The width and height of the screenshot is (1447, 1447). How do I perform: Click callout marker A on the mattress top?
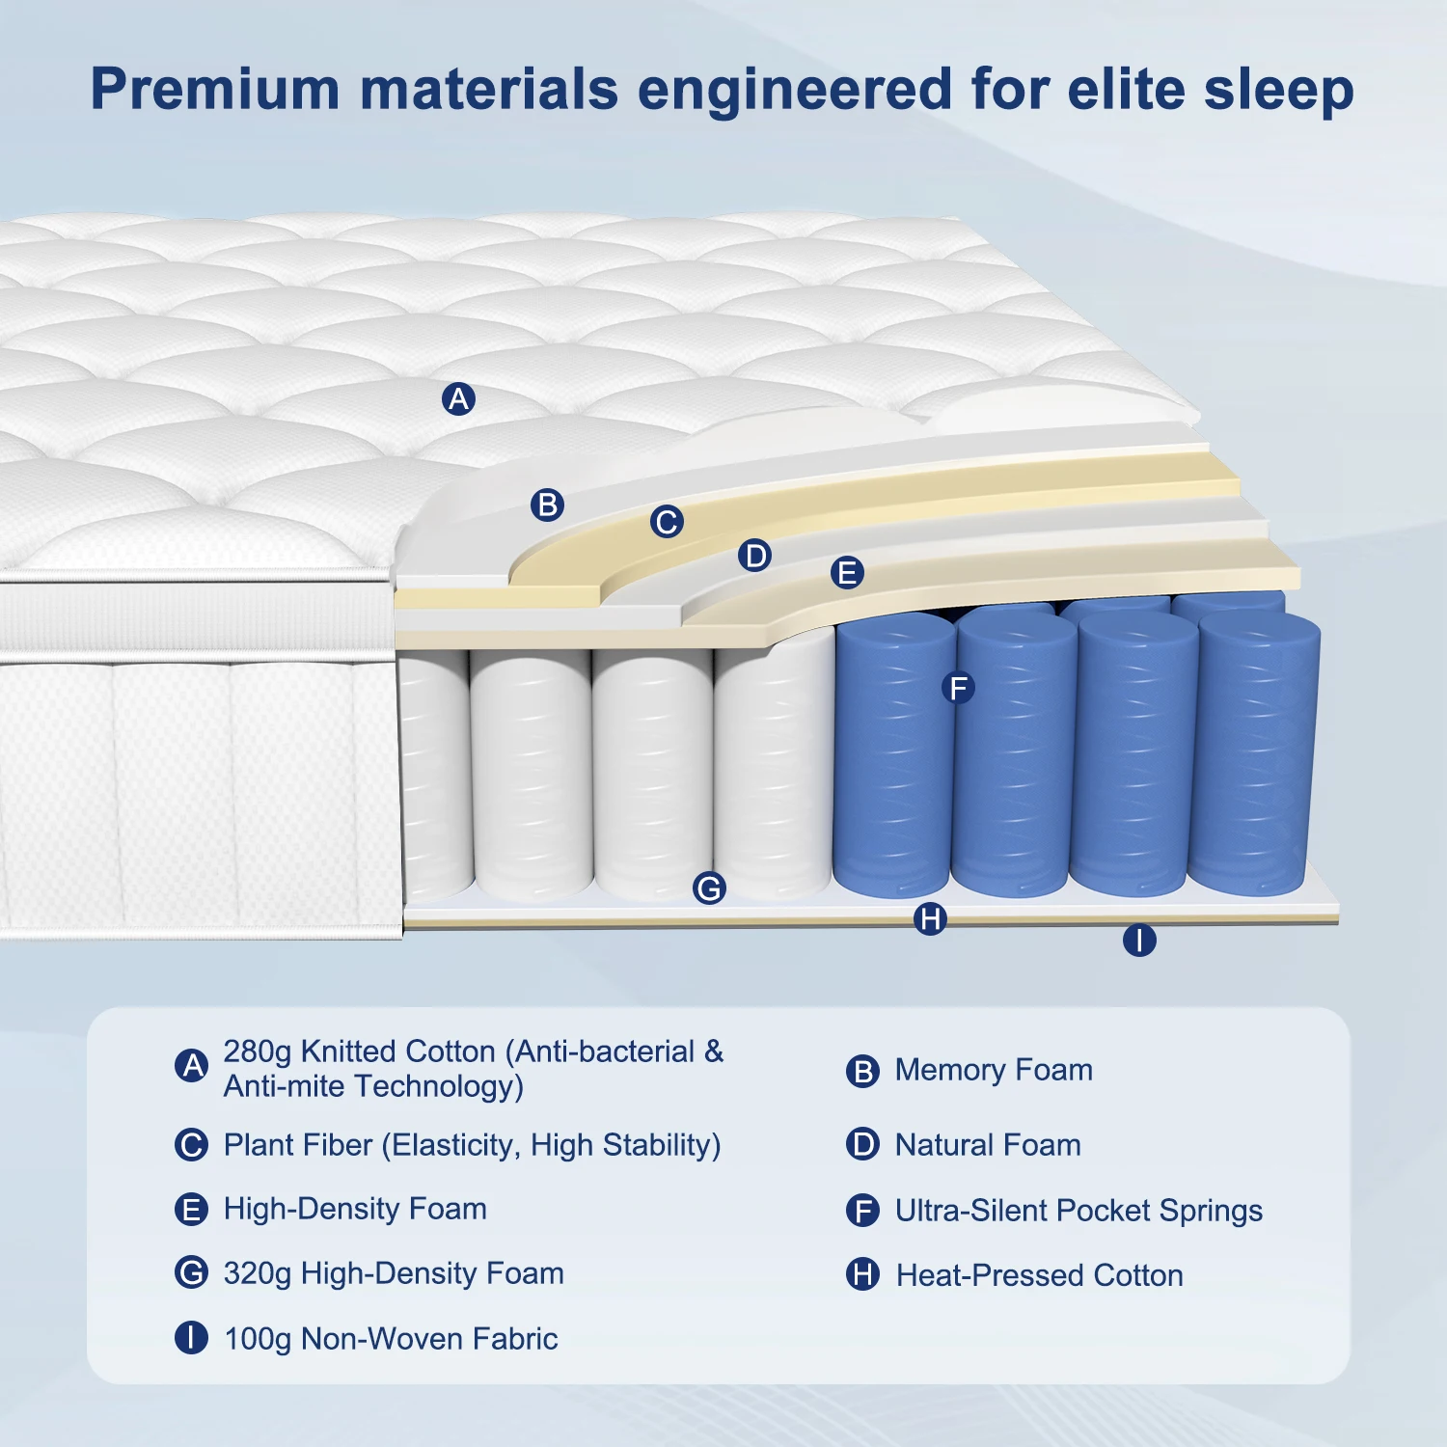point(458,398)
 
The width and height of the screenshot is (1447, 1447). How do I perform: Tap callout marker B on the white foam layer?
point(547,505)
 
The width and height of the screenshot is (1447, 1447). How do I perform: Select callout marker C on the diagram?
point(666,522)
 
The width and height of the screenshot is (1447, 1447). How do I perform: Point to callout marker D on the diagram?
point(754,556)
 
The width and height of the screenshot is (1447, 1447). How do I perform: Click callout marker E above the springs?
point(847,573)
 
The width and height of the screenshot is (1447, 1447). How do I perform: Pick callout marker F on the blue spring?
point(958,688)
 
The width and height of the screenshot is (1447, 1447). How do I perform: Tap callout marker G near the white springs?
point(709,887)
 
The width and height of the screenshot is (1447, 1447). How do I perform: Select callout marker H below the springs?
point(930,918)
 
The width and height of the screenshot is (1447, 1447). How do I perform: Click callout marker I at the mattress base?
point(1139,940)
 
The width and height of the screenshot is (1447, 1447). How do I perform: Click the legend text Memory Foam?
point(994,1070)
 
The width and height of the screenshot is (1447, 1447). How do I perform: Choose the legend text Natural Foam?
point(988,1145)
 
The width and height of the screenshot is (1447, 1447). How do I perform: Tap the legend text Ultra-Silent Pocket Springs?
point(1078,1211)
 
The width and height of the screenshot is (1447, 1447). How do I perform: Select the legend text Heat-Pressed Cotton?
point(1039,1275)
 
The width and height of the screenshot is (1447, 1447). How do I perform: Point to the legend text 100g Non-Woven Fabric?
point(391,1339)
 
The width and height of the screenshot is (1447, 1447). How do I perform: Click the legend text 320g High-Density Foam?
point(394,1273)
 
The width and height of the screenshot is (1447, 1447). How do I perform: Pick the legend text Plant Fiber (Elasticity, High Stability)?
point(472,1145)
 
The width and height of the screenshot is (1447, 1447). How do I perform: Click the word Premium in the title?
point(214,90)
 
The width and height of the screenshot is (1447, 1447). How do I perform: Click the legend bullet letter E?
point(191,1210)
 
